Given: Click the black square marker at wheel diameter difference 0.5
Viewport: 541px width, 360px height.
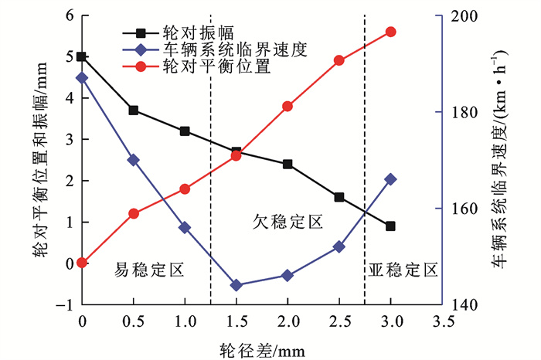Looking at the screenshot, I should pyautogui.click(x=133, y=110).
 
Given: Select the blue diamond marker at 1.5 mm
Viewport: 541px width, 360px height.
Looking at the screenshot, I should pyautogui.click(x=236, y=285).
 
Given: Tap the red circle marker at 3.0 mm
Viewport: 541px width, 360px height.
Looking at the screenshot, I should pyautogui.click(x=390, y=32).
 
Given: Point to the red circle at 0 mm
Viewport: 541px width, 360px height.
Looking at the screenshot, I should pyautogui.click(x=82, y=263).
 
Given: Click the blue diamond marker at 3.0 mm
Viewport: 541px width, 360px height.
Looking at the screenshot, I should pyautogui.click(x=390, y=179).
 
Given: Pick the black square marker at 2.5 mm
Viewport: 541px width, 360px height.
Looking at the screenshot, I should pyautogui.click(x=339, y=197).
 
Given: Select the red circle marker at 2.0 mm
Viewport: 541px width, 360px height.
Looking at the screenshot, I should pyautogui.click(x=288, y=106).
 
